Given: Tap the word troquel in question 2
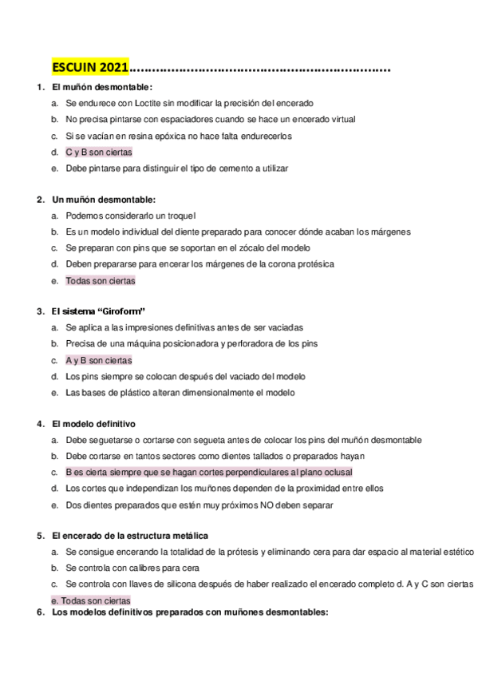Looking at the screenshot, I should pos(180,216).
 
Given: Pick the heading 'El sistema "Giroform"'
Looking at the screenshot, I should pos(98,311).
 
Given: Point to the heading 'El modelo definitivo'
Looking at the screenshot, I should pos(93,423).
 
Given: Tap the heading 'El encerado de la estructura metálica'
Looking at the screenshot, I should pos(130,535).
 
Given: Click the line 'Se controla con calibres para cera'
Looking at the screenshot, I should pos(132,568).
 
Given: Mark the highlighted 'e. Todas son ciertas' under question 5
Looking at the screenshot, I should pos(90,600).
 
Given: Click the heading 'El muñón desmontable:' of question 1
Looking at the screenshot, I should pos(101,86).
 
